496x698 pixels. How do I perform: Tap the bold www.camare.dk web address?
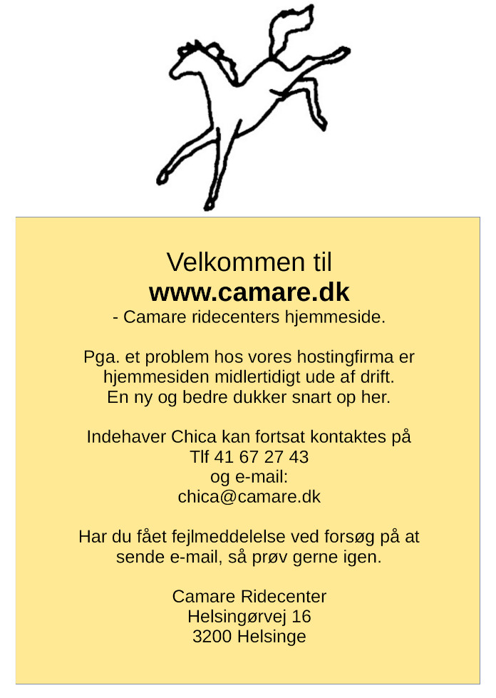click(x=249, y=292)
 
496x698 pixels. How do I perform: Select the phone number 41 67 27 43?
click(x=262, y=456)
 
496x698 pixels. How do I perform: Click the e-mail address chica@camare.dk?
click(x=249, y=497)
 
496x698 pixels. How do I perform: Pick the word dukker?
click(x=258, y=397)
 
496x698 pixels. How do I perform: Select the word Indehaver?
click(x=126, y=436)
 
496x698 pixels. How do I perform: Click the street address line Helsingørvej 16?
click(x=249, y=616)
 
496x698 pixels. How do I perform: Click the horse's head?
click(x=196, y=58)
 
